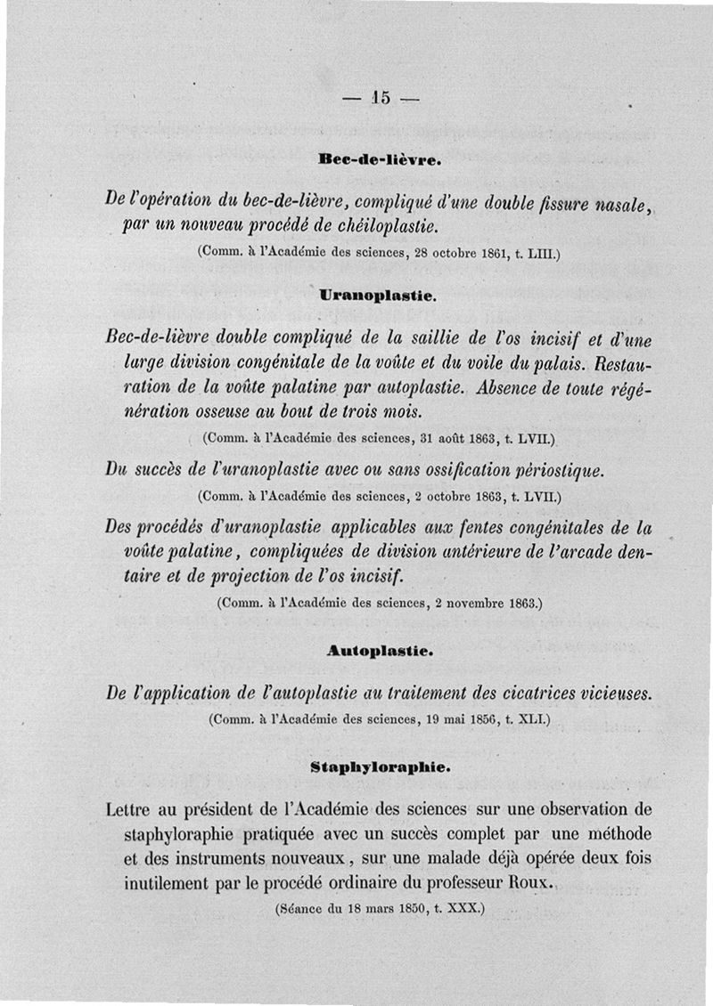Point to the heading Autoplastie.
380,651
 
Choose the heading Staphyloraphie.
380,766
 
